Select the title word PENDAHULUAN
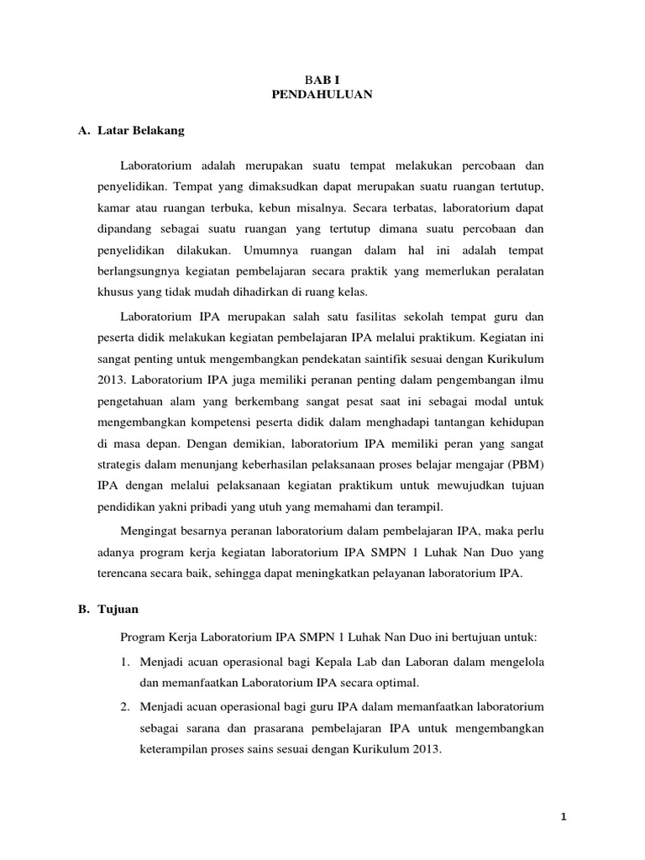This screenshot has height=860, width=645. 322,96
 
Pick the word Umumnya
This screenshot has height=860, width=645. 271,249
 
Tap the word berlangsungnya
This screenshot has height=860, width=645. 138,271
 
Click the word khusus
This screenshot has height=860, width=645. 115,293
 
